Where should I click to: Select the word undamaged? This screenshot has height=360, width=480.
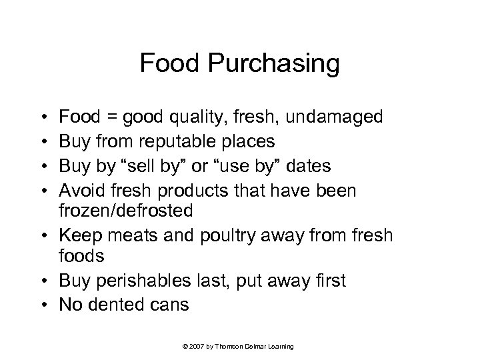pyautogui.click(x=325, y=118)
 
